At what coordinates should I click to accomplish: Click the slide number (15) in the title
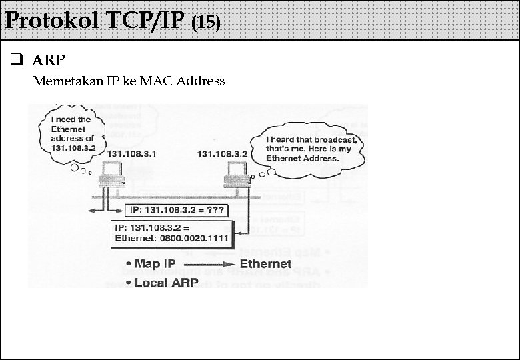[205, 23]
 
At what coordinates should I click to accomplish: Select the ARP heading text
[49, 61]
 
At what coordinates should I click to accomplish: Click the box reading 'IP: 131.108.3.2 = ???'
[177, 211]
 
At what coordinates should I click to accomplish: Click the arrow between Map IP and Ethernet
[206, 264]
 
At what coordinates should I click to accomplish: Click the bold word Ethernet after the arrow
[265, 264]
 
